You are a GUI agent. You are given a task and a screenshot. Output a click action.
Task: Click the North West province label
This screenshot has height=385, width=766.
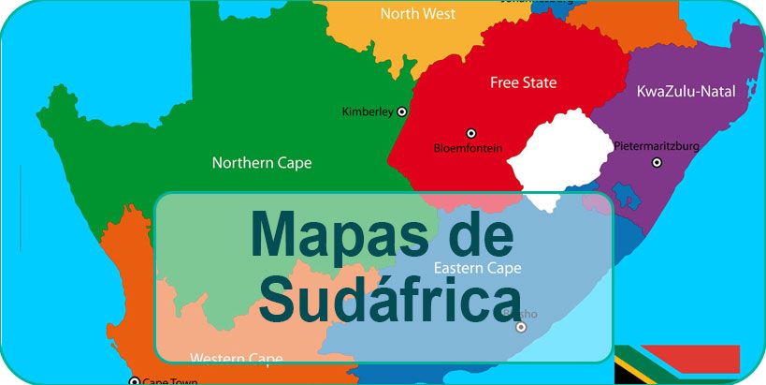tap(418, 14)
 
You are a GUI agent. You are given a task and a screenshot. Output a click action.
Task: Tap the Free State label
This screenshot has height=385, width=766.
tap(523, 82)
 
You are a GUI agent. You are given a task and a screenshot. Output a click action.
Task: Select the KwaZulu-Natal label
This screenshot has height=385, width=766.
tap(685, 91)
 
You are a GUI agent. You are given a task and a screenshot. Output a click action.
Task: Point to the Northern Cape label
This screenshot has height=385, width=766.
tap(262, 162)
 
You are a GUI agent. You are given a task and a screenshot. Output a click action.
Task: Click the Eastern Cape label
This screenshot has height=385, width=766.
tap(477, 268)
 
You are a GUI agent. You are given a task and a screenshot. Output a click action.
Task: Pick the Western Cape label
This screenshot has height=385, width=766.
tap(236, 357)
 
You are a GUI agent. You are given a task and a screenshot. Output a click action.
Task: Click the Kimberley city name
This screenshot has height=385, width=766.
tap(367, 112)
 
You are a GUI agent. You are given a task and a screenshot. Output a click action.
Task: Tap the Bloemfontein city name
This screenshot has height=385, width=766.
tap(469, 148)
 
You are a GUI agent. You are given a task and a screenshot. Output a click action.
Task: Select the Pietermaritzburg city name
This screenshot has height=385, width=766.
tap(656, 145)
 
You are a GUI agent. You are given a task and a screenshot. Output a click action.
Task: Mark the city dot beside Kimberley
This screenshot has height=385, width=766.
tap(402, 111)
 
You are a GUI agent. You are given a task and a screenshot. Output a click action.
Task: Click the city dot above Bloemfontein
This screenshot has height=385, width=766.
tap(470, 133)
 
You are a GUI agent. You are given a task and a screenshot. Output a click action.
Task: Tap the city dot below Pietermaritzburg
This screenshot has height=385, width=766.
tap(657, 163)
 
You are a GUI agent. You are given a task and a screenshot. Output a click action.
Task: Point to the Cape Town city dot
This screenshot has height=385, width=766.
tap(134, 380)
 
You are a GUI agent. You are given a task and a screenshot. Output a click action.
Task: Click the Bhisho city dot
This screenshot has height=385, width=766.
tap(521, 327)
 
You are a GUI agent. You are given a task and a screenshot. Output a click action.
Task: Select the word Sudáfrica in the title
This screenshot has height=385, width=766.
tap(383, 295)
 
